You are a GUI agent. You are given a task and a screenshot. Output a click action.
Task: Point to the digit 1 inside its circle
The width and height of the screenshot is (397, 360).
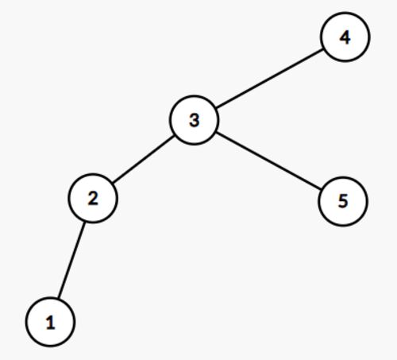tap(50, 323)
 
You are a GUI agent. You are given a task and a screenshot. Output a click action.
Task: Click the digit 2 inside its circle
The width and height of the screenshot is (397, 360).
tap(93, 199)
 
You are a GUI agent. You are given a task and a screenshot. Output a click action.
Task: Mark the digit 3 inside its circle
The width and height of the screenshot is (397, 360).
tap(195, 120)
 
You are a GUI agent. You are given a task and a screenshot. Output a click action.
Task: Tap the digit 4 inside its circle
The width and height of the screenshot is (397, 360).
tap(345, 37)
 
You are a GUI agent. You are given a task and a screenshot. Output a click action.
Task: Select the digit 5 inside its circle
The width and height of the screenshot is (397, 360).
tap(343, 201)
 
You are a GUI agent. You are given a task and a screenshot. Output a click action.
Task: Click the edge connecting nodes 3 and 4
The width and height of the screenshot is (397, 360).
tap(269, 79)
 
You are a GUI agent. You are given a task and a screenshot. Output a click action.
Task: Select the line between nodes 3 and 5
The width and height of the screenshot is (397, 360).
tap(268, 161)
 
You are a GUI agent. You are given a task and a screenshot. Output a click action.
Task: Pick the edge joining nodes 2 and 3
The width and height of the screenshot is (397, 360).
tap(143, 159)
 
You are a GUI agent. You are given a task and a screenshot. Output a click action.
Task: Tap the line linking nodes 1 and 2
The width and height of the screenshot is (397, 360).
tap(71, 260)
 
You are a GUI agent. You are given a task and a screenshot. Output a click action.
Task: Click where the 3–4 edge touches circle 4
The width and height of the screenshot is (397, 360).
tap(323, 49)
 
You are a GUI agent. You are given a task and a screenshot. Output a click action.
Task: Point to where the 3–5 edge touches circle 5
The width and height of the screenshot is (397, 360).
tap(321, 189)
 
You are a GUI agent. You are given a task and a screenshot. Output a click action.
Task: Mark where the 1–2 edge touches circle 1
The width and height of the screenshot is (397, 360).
tap(58, 298)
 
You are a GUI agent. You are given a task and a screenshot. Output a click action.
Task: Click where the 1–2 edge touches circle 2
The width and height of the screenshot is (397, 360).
tap(85, 222)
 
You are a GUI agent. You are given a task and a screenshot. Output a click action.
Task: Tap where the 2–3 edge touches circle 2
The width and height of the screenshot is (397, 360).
tap(112, 184)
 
